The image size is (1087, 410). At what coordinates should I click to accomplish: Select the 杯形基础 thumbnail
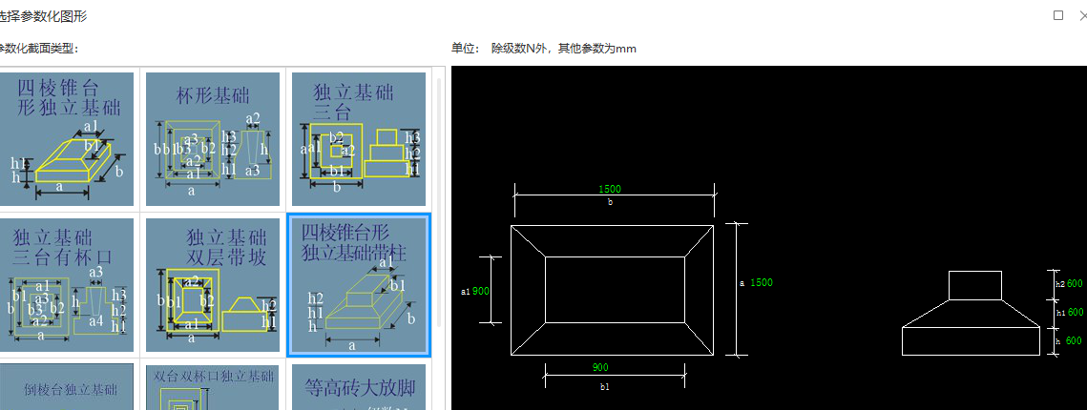(213, 139)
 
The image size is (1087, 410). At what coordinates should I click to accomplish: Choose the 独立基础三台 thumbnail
(358, 139)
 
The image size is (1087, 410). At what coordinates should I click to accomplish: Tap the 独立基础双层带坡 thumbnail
(213, 285)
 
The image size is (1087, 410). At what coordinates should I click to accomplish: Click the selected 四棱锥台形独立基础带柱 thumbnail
(358, 285)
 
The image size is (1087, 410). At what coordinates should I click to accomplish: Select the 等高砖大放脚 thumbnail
(358, 387)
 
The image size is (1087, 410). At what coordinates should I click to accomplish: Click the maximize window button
(1057, 15)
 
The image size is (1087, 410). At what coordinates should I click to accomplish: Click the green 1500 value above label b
(610, 189)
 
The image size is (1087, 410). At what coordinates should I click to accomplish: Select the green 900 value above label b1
(599, 367)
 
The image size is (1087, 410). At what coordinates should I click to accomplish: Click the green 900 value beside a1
(481, 291)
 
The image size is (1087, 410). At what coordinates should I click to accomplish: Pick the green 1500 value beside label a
(761, 282)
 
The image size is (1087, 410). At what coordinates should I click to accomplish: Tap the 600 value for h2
(1074, 283)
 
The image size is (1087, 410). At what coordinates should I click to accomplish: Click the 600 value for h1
(1074, 312)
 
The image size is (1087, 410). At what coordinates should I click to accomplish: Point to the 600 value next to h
(1074, 340)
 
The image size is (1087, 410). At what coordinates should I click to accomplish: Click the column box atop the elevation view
(974, 285)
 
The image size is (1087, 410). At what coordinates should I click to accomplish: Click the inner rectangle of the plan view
(614, 290)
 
